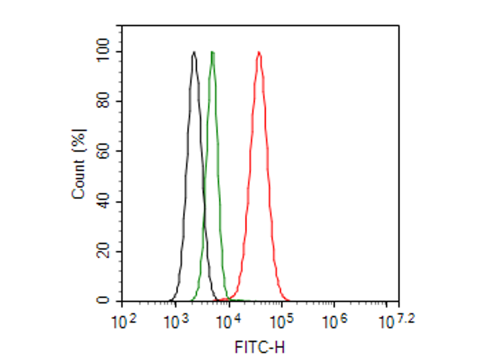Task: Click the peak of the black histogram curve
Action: point(194,52)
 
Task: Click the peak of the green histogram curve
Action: point(212,52)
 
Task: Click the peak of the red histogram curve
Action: point(259,52)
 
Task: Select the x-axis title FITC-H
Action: point(260,347)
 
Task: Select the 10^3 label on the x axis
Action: point(175,321)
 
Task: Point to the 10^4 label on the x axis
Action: point(228,321)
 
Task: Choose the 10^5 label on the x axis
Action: point(281,321)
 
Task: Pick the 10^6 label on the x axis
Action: point(334,321)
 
